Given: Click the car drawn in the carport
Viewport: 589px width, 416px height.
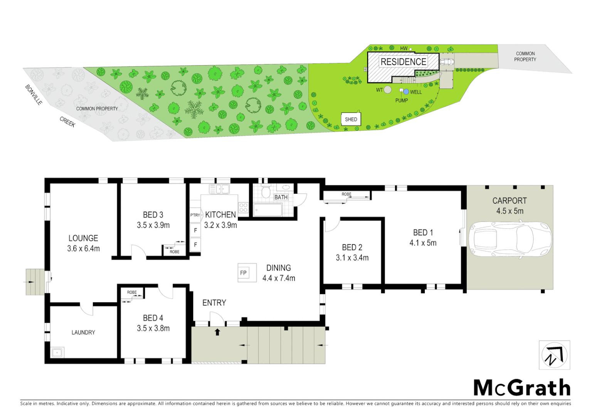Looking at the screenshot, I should (510, 239).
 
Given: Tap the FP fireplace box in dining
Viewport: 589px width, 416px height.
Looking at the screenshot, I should (243, 273).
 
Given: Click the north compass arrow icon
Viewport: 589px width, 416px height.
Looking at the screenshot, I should (554, 355).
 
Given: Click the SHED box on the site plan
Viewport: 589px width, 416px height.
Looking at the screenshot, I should (351, 119).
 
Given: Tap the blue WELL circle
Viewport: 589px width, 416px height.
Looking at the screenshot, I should (406, 92).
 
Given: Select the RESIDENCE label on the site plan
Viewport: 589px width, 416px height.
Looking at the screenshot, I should (403, 62).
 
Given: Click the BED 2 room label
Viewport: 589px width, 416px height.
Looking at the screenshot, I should (352, 247).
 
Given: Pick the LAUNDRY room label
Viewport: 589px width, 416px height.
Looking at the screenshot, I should (83, 332).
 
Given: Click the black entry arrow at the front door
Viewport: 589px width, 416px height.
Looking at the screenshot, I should (217, 332).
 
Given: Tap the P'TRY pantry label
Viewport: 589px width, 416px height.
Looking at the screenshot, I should (195, 215).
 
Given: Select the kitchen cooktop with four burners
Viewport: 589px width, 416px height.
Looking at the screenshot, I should (243, 208).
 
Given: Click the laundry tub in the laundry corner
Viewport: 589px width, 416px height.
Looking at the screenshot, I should (57, 352).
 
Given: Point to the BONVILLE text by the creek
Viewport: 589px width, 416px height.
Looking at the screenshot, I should (34, 95).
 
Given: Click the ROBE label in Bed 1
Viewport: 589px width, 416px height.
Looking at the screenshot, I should (346, 194).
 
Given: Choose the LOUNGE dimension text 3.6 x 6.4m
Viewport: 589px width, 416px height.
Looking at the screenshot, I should (83, 249).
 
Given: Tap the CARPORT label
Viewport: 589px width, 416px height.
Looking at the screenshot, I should (509, 201).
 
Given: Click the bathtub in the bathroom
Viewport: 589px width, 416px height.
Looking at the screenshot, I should (268, 210).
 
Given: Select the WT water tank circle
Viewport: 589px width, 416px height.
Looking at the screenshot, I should (387, 90).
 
